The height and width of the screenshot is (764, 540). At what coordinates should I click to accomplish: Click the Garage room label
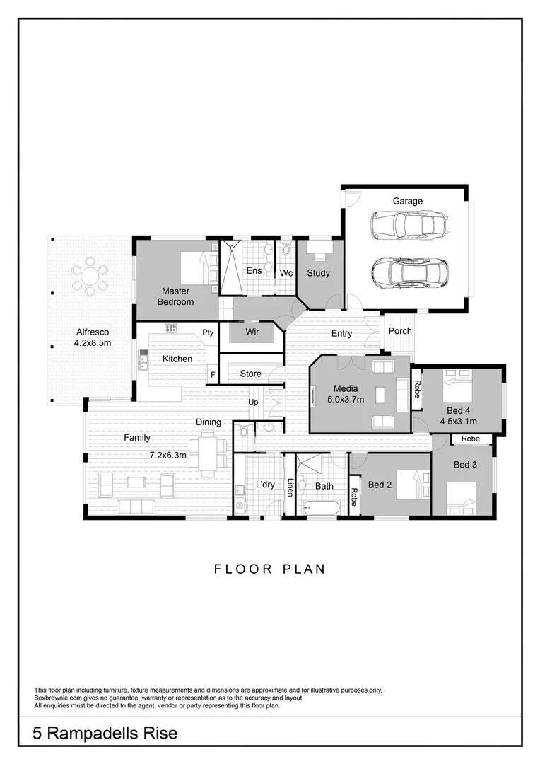coord(408,202)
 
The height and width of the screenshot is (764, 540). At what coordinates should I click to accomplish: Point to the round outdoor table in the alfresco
coord(90,276)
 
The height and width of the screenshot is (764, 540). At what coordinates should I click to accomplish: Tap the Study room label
coord(318,273)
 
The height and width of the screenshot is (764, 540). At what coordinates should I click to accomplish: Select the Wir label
coord(252,331)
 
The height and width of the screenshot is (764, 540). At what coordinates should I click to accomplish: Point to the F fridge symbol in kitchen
coord(211,374)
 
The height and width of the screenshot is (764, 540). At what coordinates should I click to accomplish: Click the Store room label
coord(251,374)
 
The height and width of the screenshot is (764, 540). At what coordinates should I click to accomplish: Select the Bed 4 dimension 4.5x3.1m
coord(458,422)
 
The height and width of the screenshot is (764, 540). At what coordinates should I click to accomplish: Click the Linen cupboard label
coord(290,487)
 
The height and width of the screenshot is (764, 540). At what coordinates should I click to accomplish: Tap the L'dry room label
coord(265,485)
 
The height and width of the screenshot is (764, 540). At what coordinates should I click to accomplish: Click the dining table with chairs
coord(207,453)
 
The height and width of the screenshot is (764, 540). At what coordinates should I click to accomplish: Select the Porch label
coord(400,331)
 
